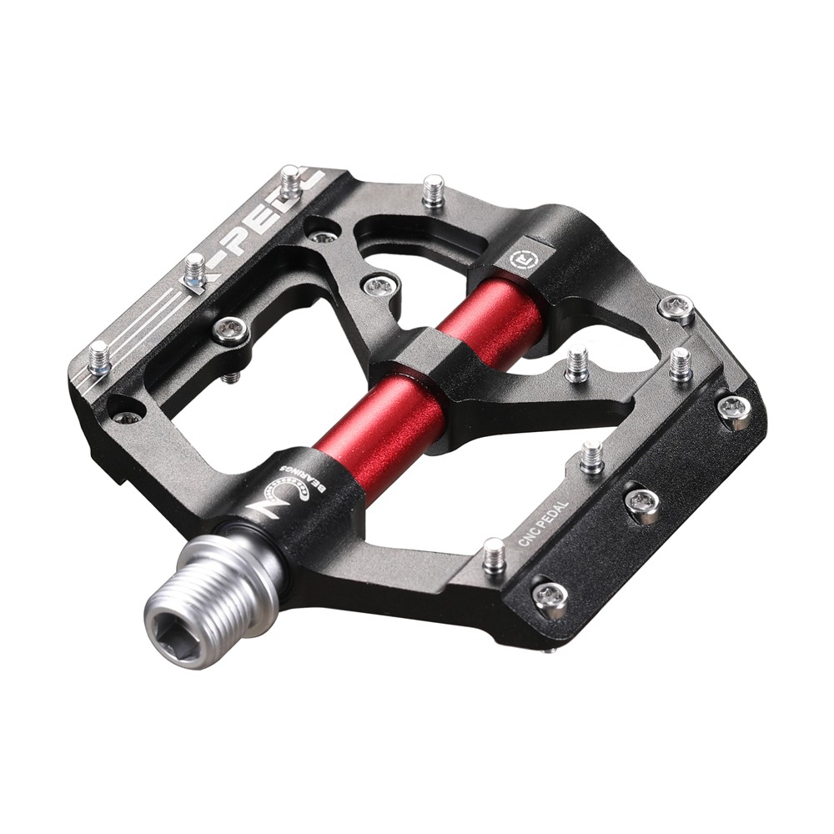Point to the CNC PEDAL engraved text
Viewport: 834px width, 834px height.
[x=543, y=525]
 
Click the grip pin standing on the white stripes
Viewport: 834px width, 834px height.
[x=98, y=357]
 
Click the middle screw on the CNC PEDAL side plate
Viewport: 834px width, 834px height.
[x=642, y=503]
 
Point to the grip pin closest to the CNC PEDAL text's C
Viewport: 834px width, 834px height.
[x=494, y=555]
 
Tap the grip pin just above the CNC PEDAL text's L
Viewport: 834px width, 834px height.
[x=591, y=455]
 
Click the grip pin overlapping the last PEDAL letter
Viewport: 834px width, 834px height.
[x=289, y=181]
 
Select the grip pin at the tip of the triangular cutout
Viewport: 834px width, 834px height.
[x=576, y=365]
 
